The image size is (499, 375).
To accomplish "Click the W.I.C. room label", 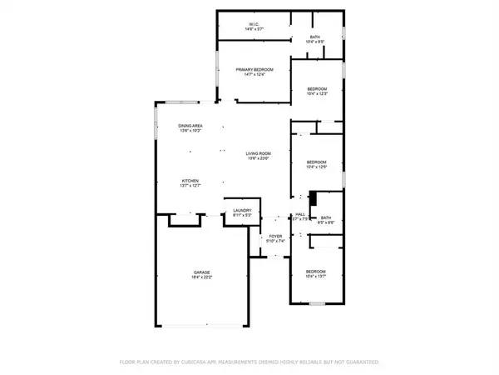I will point(254,24).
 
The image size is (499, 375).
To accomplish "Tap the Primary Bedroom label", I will point(254,70).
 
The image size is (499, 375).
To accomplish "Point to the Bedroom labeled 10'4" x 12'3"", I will point(316,89).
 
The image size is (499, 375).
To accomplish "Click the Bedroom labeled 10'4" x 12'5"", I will point(316,162).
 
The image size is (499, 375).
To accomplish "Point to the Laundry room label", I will point(242,211).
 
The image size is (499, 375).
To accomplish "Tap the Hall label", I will point(300,216).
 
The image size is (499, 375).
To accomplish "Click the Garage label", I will point(201,272).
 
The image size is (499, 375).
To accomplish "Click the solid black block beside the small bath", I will point(313,199).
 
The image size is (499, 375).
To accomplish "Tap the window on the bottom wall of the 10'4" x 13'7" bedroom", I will point(316,303).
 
